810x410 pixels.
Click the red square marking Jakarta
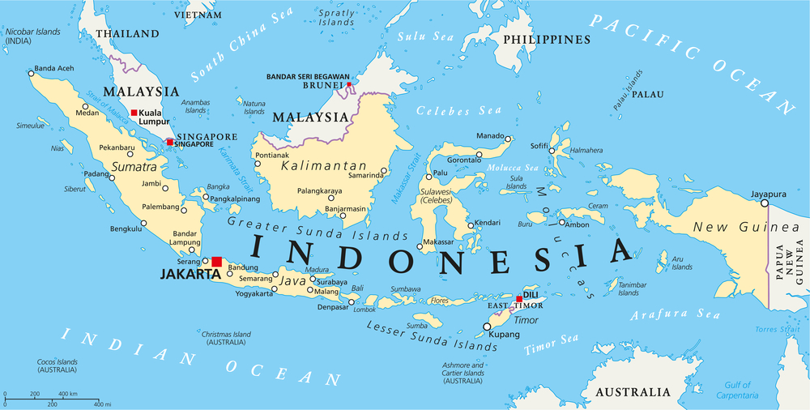point(216,262)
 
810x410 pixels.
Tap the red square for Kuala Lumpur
point(134,113)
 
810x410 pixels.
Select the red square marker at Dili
point(519,299)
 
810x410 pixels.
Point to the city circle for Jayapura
point(764,203)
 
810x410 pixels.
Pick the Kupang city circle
point(487,327)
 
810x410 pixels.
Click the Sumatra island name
point(134,167)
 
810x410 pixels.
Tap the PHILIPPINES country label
point(546,40)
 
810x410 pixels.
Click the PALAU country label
point(647,94)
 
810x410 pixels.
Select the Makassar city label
point(438,242)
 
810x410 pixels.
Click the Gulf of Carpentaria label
point(732,390)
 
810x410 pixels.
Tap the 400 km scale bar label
point(69,394)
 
